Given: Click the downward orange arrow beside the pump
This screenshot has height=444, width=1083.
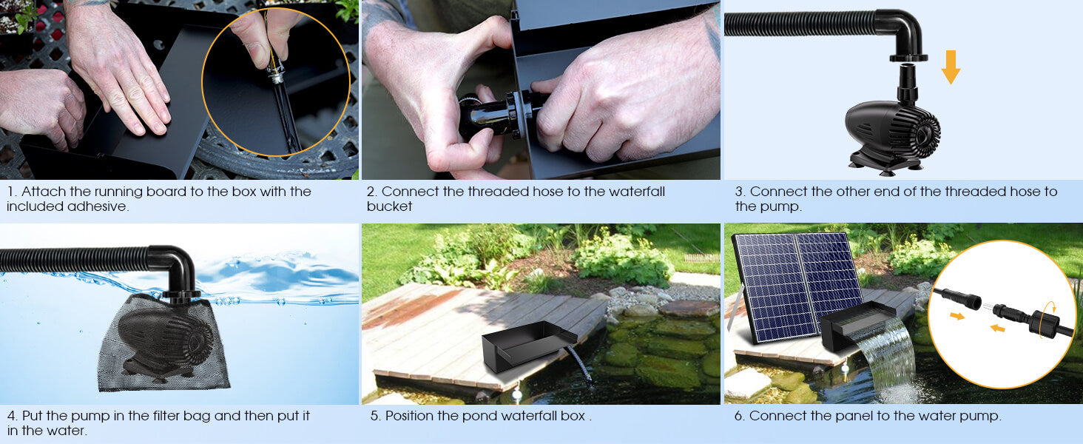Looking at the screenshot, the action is point(951,67).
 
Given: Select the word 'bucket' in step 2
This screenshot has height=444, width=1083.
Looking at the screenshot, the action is point(389,206).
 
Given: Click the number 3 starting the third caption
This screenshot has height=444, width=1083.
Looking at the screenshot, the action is point(739,192).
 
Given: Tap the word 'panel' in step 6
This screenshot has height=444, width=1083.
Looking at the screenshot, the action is point(857,416).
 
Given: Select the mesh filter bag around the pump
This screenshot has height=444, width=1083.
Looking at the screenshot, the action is point(162,344).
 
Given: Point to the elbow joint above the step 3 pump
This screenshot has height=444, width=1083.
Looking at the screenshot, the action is point(902,34).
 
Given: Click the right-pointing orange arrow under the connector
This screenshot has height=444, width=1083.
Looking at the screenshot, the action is point(957,316).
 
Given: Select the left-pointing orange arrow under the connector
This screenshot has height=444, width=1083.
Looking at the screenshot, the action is point(997,328).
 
